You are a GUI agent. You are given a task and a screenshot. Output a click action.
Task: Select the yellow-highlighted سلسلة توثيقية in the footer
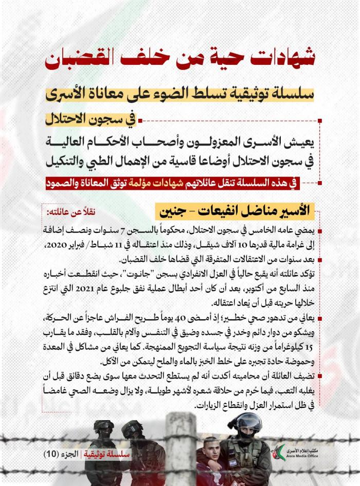click(x=107, y=454)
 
